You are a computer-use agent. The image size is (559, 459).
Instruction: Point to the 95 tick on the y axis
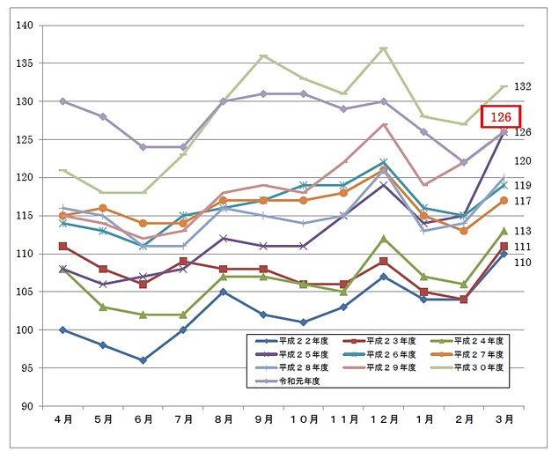tap(26, 368)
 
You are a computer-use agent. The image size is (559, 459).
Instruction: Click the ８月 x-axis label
tap(223, 419)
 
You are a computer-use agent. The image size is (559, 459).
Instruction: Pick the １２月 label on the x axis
tap(383, 419)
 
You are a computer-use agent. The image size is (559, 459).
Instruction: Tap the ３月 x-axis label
tap(504, 419)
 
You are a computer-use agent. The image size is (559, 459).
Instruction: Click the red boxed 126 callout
tap(501, 116)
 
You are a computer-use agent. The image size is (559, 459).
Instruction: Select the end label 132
tap(523, 87)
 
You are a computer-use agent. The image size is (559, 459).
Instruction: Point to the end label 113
tap(523, 232)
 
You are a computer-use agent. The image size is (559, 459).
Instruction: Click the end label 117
tap(523, 202)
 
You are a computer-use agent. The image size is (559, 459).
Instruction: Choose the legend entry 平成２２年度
tap(295, 341)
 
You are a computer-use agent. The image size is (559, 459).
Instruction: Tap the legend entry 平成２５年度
tap(295, 354)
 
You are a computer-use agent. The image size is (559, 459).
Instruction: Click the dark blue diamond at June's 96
tap(143, 360)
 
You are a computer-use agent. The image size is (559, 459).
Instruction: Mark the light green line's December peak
tap(383, 48)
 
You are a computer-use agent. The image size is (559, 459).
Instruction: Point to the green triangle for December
tap(383, 238)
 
